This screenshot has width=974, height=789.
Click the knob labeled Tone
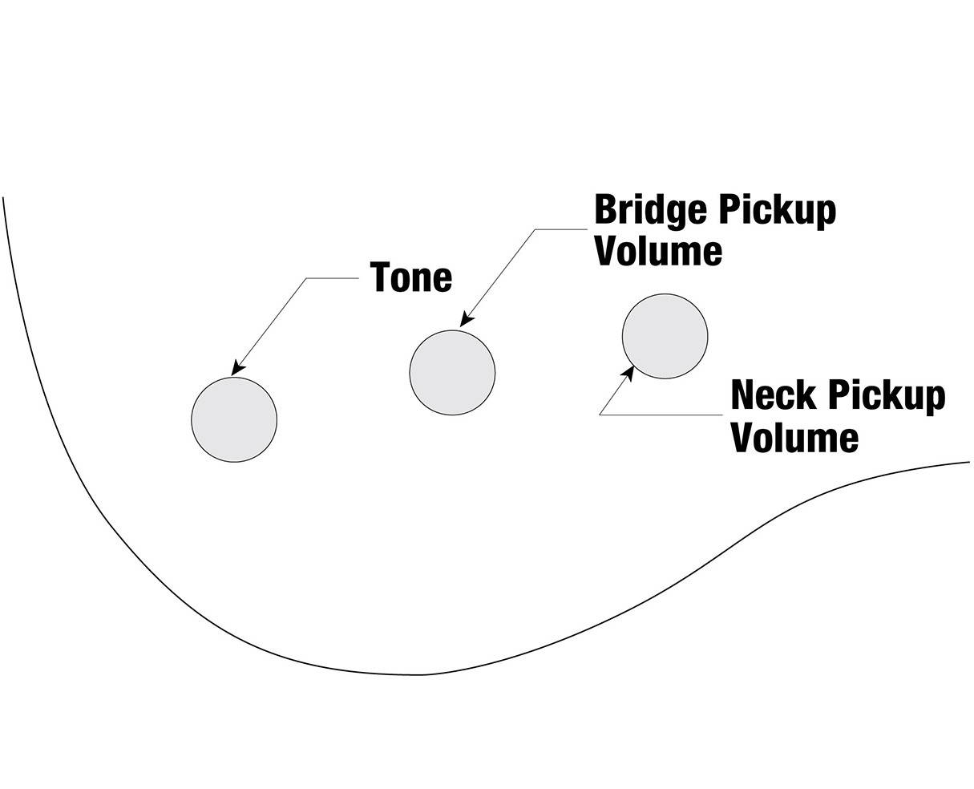[234, 419]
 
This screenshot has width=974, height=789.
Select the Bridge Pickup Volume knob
[452, 372]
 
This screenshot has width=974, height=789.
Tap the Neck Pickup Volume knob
[665, 337]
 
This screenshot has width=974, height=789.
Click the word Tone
[411, 277]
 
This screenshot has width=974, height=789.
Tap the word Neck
[774, 395]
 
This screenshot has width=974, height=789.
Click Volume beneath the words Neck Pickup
[794, 438]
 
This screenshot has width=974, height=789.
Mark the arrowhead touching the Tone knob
[236, 369]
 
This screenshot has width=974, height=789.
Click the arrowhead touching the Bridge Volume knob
[464, 320]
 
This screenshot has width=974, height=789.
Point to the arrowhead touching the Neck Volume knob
[628, 373]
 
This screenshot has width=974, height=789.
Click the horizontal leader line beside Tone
[332, 278]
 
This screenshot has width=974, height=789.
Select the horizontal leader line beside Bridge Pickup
[561, 229]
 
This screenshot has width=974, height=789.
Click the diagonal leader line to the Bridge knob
[501, 273]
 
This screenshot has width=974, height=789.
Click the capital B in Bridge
[604, 210]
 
